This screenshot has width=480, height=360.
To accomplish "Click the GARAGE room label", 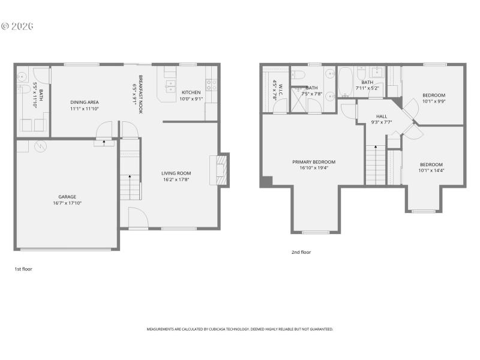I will [x=67, y=197].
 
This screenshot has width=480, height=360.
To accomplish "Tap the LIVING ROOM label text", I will [x=176, y=173].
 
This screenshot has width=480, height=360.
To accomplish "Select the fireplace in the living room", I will [x=220, y=170].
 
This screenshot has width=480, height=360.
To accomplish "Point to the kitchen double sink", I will [x=170, y=87].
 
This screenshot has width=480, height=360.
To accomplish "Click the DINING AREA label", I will [x=85, y=102].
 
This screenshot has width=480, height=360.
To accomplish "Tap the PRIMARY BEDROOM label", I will [x=313, y=162].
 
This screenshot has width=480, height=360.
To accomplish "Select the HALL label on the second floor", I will [x=382, y=116].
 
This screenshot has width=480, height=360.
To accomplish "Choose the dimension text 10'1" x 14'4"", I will [x=431, y=171].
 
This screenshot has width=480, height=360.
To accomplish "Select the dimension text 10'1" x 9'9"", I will [x=433, y=101].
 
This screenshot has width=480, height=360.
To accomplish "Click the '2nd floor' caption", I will [x=301, y=252].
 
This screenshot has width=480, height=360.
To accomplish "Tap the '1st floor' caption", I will [x=23, y=269].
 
